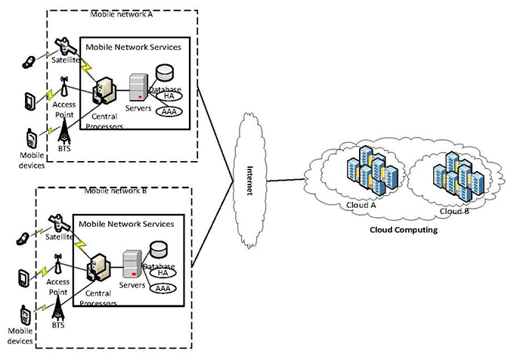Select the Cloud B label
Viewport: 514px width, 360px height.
tap(454, 211)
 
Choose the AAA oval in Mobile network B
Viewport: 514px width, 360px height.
tap(168, 288)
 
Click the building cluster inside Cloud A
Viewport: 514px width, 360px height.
tap(364, 175)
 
